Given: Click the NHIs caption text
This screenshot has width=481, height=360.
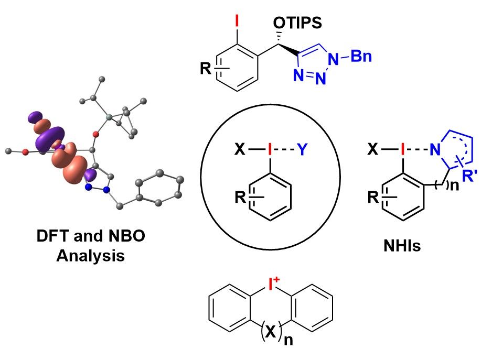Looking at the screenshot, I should click(402, 245).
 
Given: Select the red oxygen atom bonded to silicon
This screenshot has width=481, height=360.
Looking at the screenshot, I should click(95, 135).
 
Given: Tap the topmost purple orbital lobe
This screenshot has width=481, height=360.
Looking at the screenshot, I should click(35, 117).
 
